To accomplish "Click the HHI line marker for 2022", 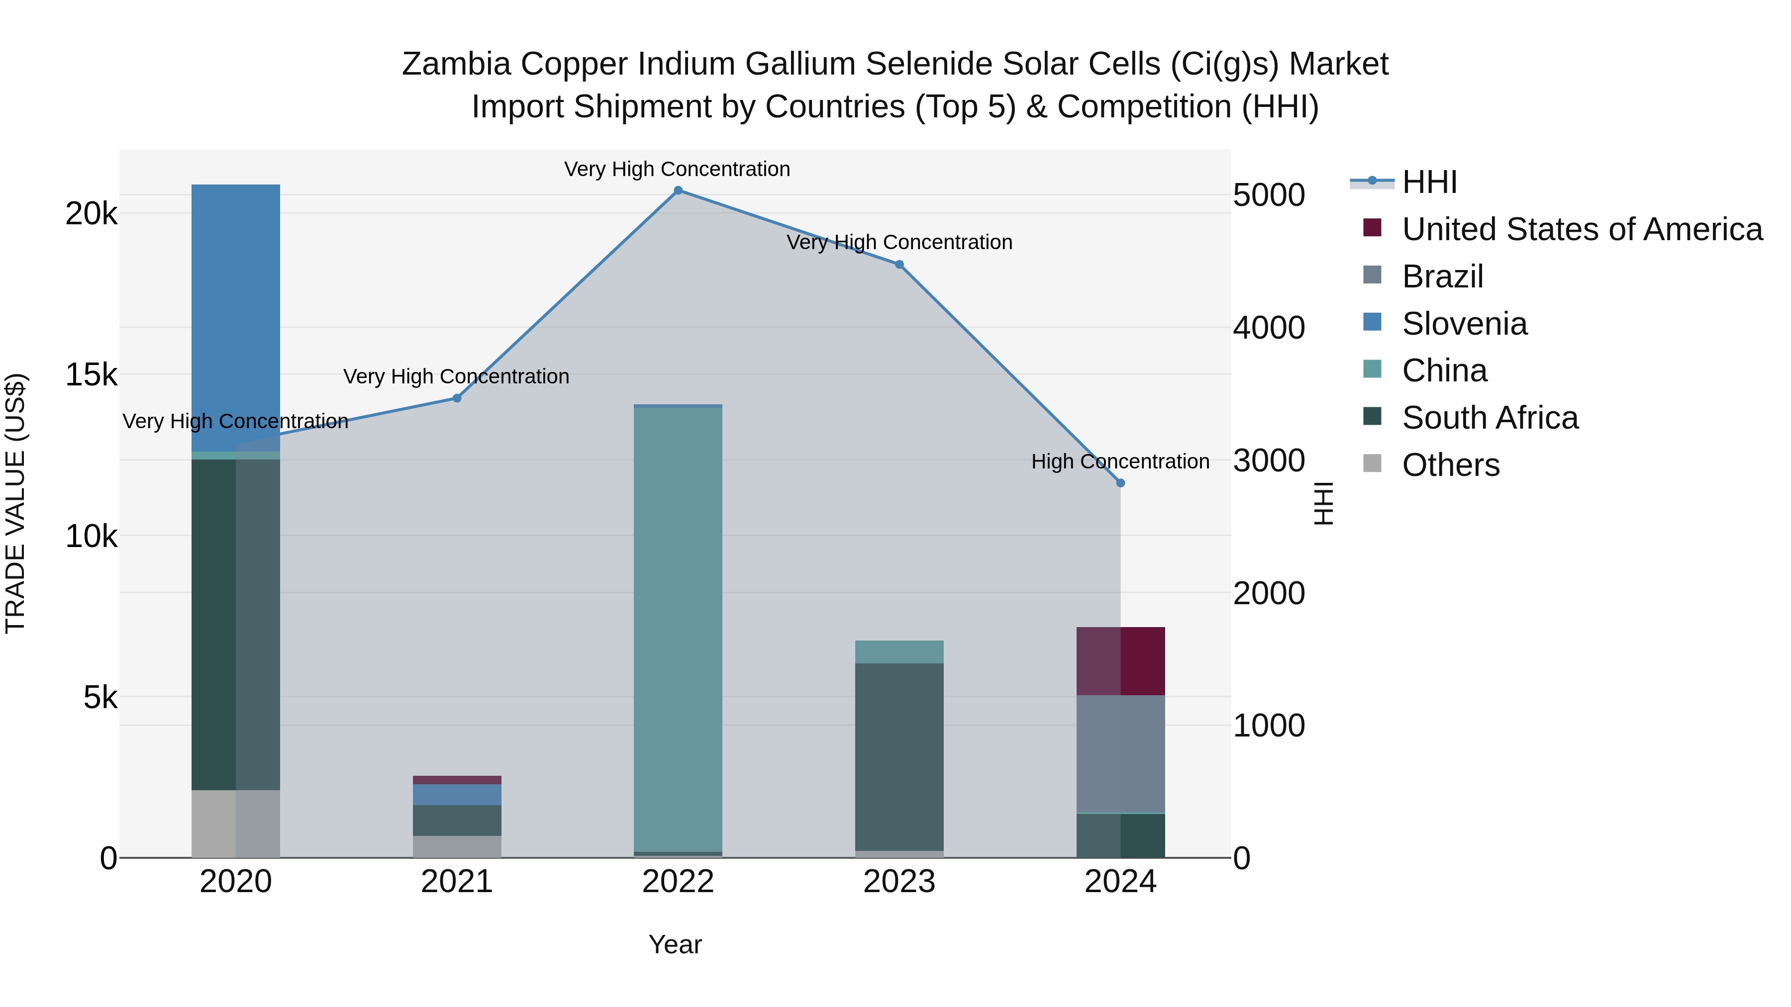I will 678,190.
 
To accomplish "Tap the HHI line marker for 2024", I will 1120,483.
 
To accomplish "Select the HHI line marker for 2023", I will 899,265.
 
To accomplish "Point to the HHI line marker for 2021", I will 457,398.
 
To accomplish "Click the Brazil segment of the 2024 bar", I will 1120,753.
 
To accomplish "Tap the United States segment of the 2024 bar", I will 1120,661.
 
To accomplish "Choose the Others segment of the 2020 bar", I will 236,824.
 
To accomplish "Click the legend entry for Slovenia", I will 1464,324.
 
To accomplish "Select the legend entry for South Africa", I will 1489,418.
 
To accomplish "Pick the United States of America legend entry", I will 1582,229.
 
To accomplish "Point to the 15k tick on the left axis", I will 91,375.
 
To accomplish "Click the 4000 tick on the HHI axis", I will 1269,328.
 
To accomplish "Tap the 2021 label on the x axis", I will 457,882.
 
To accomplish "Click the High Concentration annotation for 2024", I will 1119,461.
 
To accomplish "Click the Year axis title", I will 675,944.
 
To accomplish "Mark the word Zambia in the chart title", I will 455,64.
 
